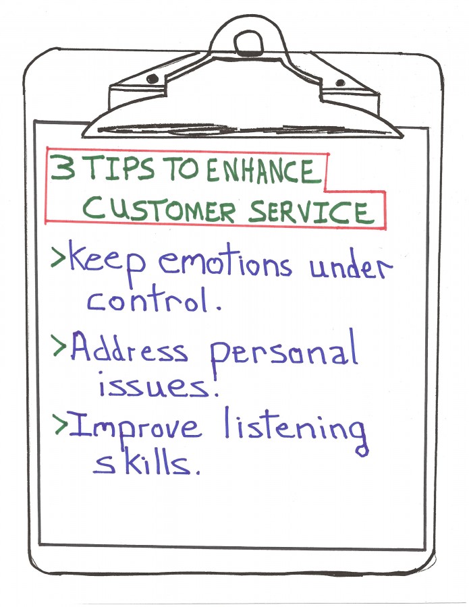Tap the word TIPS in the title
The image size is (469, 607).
[120, 169]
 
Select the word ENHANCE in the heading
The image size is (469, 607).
[264, 171]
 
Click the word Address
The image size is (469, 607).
[129, 348]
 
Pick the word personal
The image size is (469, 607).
[284, 353]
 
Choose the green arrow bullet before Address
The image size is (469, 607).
[59, 346]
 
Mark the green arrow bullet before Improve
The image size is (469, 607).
[61, 425]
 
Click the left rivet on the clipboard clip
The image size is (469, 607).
[153, 79]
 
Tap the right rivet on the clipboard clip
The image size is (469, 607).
[340, 83]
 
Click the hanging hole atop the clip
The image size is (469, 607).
[248, 42]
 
